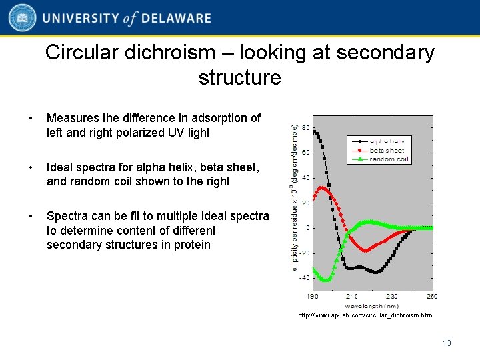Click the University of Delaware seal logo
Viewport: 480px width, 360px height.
(x=22, y=18)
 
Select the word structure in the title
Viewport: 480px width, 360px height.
(x=239, y=77)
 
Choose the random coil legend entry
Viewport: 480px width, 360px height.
(x=387, y=159)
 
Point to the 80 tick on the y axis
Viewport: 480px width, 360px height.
(x=305, y=127)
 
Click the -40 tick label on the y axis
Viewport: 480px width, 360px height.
(x=303, y=279)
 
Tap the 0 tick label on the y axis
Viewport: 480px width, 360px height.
(x=307, y=228)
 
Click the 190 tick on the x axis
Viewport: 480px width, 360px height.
(x=312, y=297)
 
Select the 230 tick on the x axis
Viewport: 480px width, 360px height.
(x=392, y=297)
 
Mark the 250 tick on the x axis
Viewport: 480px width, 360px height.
(x=432, y=297)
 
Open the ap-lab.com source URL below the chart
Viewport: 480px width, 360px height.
(x=365, y=315)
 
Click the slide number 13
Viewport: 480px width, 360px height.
(x=447, y=343)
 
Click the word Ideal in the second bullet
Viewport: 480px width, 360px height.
(x=60, y=167)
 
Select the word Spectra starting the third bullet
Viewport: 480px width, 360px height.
(x=67, y=216)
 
